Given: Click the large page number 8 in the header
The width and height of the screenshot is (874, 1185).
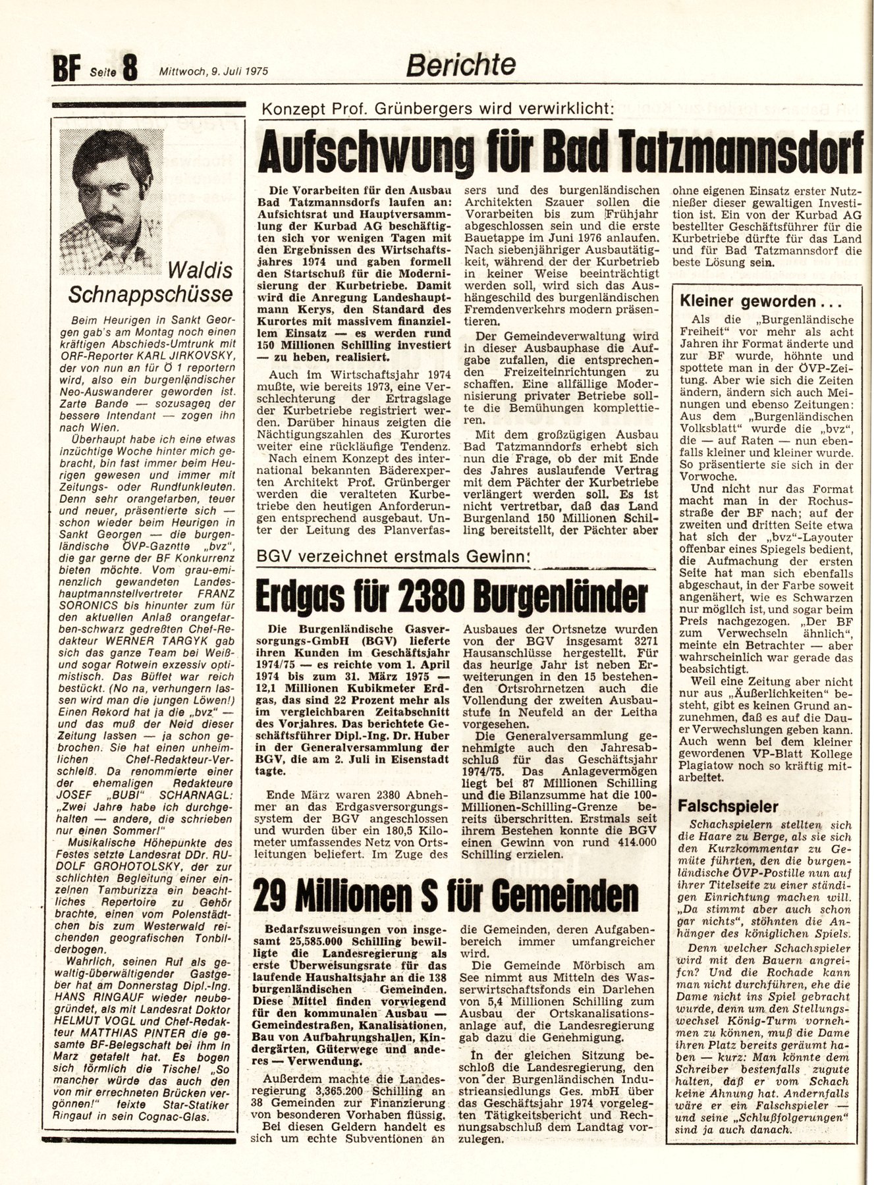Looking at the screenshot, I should (129, 68).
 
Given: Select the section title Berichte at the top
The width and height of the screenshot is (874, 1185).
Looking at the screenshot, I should (460, 65).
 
